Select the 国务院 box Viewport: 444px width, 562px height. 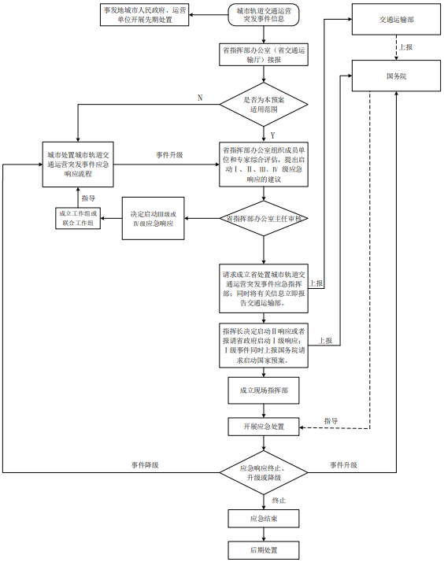(396, 76)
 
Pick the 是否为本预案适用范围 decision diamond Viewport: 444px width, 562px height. (264, 105)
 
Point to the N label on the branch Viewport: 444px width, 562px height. (200, 98)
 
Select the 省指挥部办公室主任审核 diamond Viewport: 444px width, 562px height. (265, 217)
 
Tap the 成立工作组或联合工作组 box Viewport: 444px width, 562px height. (79, 218)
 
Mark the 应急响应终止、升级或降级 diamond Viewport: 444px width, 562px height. (264, 473)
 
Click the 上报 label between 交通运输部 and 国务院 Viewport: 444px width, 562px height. (405, 47)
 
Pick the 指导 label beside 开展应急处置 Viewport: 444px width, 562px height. (331, 421)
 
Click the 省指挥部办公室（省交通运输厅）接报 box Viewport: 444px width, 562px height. (264, 54)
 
